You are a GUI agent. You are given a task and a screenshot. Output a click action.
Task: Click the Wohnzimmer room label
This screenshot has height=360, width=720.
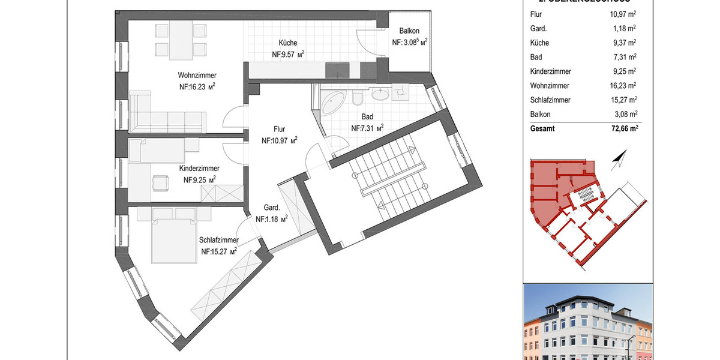click(197, 76)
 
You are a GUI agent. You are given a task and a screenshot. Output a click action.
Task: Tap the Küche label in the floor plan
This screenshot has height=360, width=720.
click(287, 43)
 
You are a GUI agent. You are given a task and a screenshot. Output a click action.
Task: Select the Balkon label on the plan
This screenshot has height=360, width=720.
click(409, 32)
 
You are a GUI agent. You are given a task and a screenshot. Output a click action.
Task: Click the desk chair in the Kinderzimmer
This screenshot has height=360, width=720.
click(160, 181)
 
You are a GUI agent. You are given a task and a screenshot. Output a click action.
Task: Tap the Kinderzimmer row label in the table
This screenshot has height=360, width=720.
click(550, 71)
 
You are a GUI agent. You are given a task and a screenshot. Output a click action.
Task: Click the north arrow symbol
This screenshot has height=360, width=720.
click(618, 160)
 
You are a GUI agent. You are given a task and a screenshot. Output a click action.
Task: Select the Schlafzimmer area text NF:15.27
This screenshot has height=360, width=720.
click(219, 251)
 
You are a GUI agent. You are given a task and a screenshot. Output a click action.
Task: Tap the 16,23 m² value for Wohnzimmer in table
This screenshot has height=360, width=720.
click(622, 86)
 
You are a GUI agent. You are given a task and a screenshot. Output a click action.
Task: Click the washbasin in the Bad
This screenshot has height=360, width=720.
click(380, 94)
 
